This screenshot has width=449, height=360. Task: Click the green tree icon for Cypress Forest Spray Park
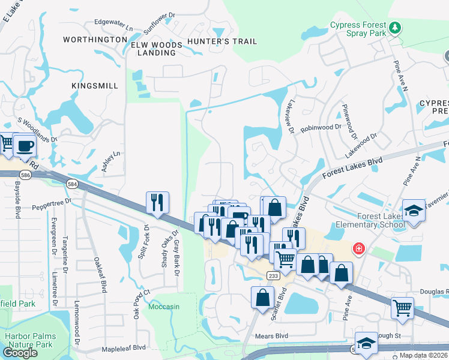click(x=394, y=27)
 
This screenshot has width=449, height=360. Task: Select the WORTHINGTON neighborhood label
click(x=95, y=40)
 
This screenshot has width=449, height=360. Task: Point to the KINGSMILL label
click(x=95, y=86)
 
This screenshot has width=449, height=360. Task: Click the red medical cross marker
click(x=359, y=248)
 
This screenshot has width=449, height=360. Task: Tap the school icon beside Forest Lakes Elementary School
click(x=414, y=211)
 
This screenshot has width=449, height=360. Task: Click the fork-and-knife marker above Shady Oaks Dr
click(x=157, y=202)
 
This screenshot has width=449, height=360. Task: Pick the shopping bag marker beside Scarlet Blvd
click(x=262, y=297)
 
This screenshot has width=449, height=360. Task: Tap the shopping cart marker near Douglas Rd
click(x=402, y=308)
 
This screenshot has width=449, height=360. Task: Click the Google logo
click(x=20, y=353)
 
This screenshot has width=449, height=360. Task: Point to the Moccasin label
click(x=164, y=307)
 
